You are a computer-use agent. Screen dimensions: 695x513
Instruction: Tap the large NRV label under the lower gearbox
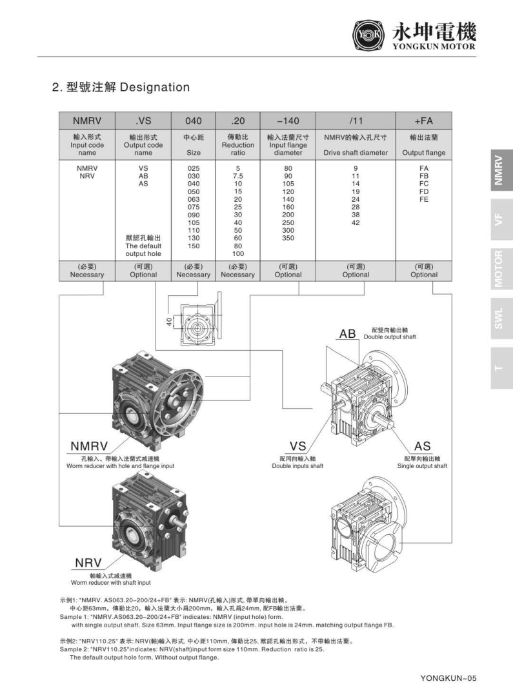pos(88,563)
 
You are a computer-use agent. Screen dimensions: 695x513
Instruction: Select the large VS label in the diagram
pos(297,446)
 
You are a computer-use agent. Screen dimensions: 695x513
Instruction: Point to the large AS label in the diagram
pos(422,446)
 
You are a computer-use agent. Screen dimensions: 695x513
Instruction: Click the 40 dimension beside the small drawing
pos(170,318)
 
